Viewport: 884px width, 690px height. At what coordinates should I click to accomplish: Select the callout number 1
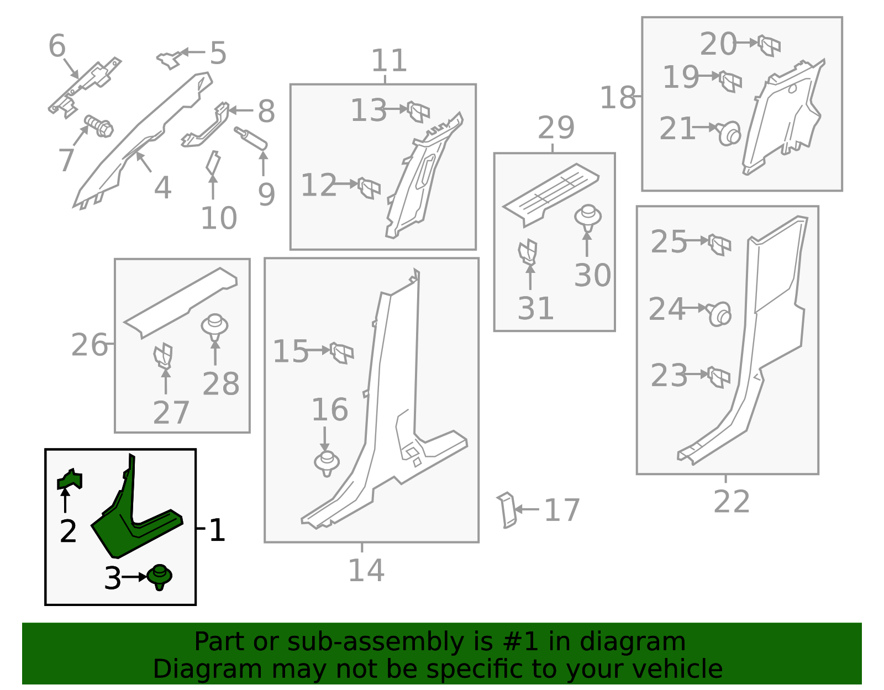(x=217, y=530)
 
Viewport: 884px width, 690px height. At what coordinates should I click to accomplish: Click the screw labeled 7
(x=99, y=127)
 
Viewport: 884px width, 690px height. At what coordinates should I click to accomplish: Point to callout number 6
(x=57, y=46)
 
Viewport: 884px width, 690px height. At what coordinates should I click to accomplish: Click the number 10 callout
(x=219, y=218)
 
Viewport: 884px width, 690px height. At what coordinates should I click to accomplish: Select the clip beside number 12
(x=369, y=188)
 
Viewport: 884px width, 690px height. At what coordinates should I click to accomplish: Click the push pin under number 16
(x=327, y=463)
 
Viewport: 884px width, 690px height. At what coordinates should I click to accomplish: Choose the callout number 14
(x=366, y=571)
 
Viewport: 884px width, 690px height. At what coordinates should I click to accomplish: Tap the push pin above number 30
(x=588, y=217)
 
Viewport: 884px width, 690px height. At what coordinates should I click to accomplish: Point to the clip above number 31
(x=528, y=251)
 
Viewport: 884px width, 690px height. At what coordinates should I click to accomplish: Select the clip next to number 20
(x=769, y=45)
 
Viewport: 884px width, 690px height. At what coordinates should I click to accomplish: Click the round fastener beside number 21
(x=729, y=133)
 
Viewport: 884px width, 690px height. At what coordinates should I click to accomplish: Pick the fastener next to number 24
(x=719, y=314)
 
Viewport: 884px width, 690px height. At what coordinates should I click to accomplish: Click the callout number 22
(x=732, y=502)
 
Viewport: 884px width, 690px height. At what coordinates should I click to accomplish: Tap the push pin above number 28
(x=215, y=325)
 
